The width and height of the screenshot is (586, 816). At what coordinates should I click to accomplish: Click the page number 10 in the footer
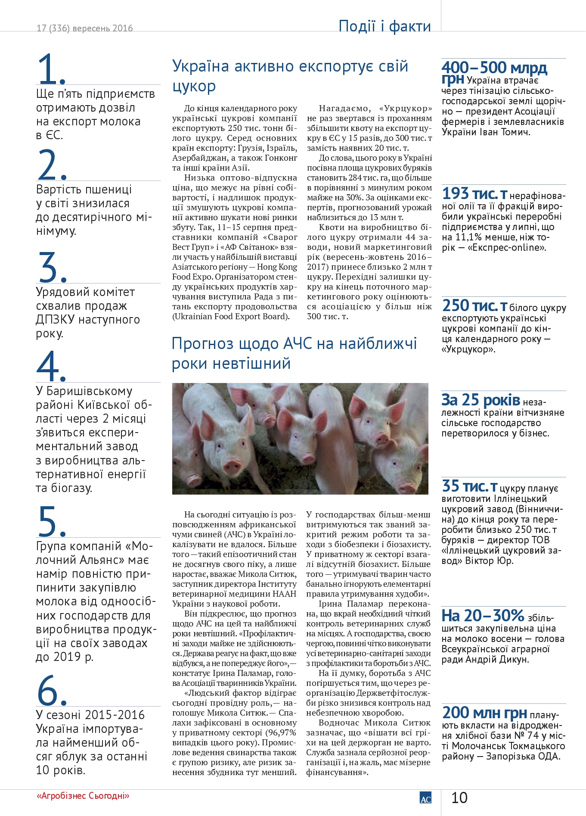point(459,797)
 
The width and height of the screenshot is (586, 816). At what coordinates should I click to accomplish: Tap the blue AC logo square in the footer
point(425,798)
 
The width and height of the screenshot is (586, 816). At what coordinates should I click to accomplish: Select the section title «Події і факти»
point(384,26)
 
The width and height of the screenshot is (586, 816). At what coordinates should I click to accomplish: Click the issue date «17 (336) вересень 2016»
point(85,28)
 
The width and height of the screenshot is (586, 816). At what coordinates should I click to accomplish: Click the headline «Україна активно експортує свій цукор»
point(290,76)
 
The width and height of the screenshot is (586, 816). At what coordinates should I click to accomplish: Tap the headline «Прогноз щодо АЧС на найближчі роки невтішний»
point(294,353)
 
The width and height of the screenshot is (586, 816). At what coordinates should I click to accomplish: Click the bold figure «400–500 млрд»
point(494,68)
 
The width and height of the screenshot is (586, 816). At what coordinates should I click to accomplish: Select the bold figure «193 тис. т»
point(474,193)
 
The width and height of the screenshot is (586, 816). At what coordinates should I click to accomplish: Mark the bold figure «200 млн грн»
point(484,712)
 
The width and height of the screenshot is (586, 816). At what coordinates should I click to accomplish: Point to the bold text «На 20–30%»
point(483,615)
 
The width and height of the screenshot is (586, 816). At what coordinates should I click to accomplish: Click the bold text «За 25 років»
point(481,400)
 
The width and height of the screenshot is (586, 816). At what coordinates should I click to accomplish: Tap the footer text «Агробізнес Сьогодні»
point(83,796)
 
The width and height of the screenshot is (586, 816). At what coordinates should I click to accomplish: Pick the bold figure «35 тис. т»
point(469,486)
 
